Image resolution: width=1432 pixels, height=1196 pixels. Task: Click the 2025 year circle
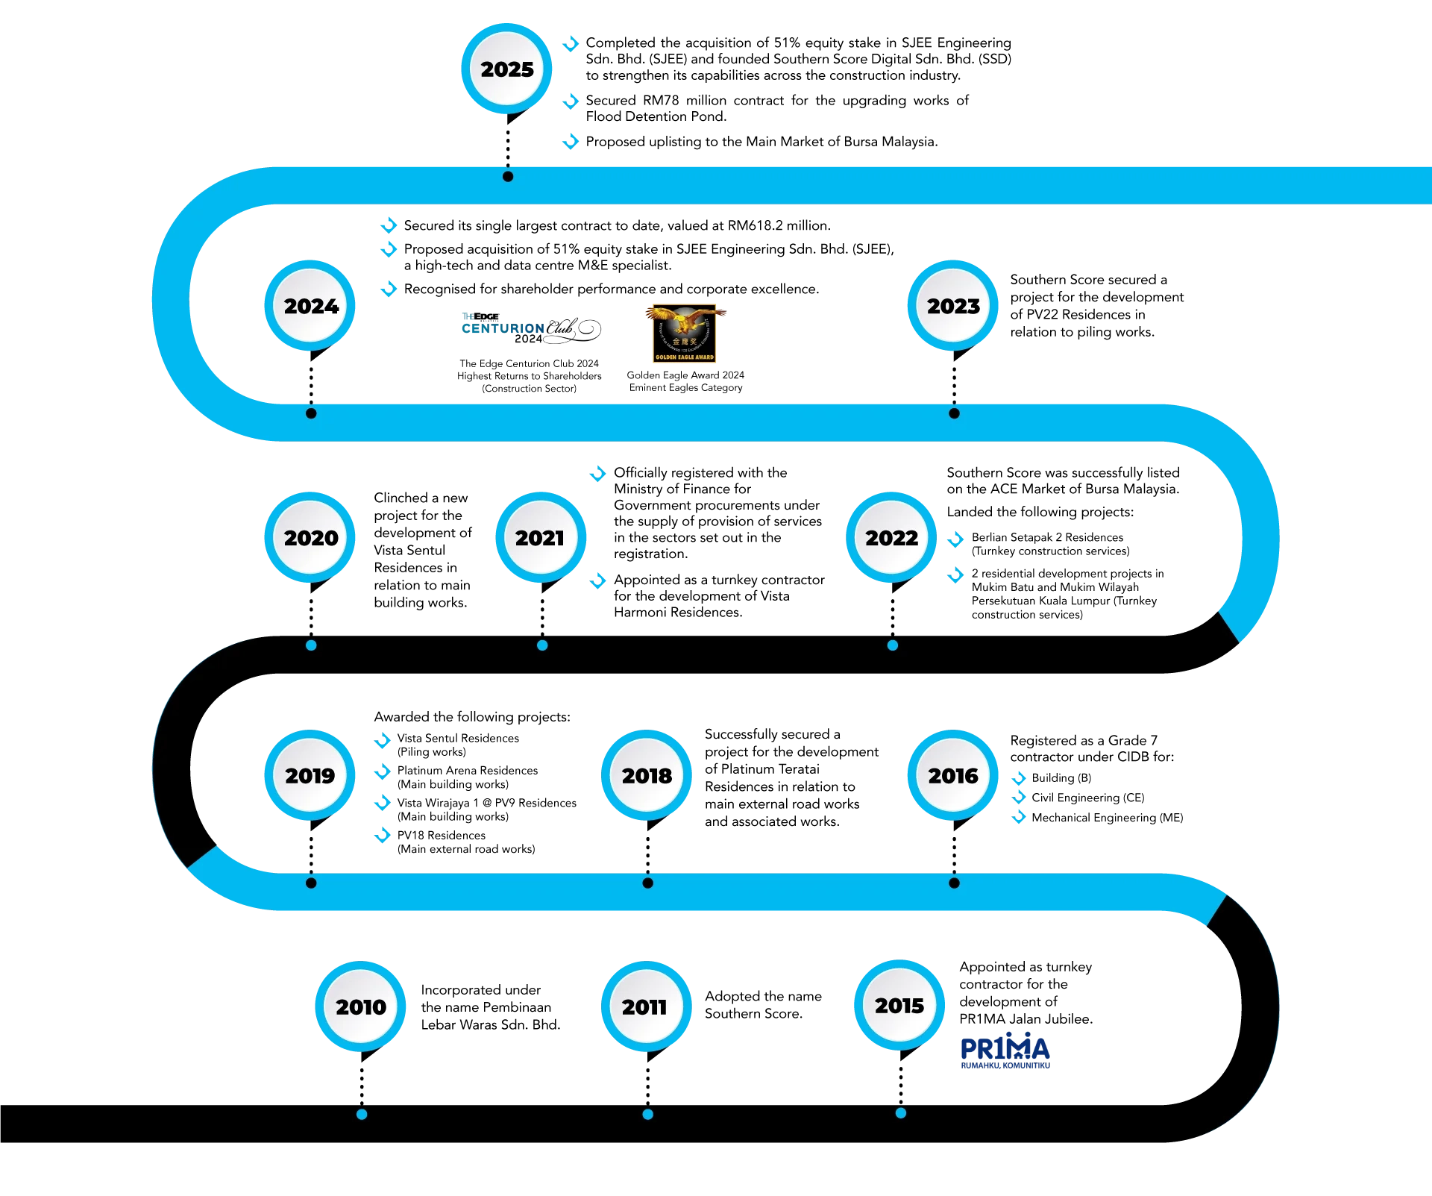(507, 69)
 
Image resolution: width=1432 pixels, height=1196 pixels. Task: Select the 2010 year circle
(361, 1006)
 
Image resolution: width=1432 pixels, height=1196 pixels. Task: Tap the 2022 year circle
(891, 537)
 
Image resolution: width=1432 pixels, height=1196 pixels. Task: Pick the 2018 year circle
(647, 775)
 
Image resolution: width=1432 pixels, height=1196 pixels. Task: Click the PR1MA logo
(1005, 1051)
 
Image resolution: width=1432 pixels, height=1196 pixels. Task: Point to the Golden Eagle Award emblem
(685, 334)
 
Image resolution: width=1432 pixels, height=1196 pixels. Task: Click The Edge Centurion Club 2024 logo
(531, 328)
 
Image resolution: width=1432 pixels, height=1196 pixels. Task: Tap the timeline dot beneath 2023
(954, 413)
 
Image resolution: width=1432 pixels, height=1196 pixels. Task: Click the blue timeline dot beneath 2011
(647, 1114)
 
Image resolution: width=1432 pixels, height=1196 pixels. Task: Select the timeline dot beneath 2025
(508, 177)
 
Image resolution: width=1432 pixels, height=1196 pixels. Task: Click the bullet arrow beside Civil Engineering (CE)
(1019, 798)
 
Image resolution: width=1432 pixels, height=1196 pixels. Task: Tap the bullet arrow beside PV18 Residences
(382, 835)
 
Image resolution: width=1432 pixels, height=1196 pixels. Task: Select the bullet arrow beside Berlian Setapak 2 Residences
(955, 539)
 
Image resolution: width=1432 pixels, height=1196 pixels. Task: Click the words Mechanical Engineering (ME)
(1107, 818)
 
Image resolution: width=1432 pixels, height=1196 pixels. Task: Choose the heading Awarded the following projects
(472, 717)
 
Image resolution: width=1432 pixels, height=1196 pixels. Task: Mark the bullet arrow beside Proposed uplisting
(571, 142)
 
